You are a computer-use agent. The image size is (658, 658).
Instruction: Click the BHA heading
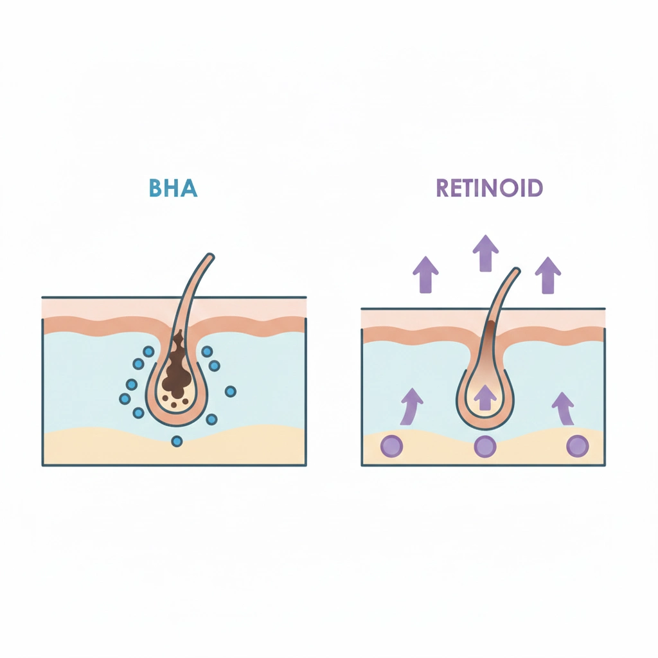[173, 188]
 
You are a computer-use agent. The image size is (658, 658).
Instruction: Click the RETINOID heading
[490, 188]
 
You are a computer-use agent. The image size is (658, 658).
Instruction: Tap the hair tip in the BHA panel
[210, 256]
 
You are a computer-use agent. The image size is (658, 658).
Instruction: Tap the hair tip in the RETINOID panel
[516, 271]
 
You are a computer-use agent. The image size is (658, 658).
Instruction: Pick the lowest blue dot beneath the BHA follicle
[177, 441]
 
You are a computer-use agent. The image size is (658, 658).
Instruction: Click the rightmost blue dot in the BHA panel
[231, 391]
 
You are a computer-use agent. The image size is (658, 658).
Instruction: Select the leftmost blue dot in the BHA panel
[125, 398]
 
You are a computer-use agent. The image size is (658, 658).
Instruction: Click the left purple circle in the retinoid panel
[391, 446]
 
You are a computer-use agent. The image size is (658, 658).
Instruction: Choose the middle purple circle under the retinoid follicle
[485, 446]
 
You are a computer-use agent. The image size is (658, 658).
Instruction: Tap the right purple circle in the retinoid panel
[578, 446]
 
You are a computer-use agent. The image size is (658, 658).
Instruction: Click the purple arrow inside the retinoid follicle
[486, 397]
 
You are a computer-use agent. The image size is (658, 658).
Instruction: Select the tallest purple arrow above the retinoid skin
[486, 253]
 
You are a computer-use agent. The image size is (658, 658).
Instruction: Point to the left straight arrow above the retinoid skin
[425, 274]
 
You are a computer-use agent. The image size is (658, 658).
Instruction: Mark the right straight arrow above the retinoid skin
[548, 275]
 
